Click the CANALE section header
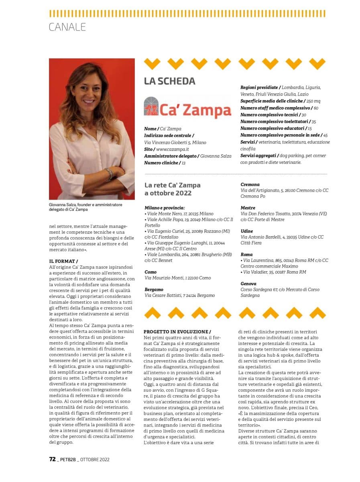point(67,27)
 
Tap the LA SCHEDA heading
point(169,81)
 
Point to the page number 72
point(52,460)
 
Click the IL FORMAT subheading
point(66,261)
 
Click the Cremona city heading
point(250,184)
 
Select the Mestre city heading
point(248,208)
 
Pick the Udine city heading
point(246,231)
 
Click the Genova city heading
point(249,283)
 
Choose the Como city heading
point(151,272)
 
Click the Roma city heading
point(246,254)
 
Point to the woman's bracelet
point(109,174)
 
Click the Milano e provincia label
point(165,208)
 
